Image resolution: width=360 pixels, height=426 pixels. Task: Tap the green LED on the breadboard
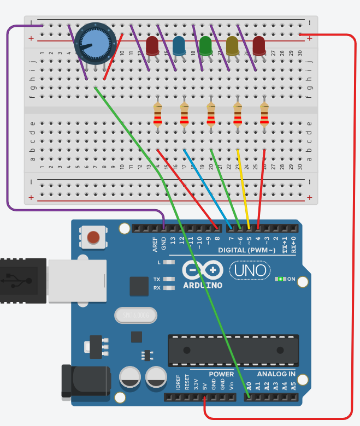(205, 45)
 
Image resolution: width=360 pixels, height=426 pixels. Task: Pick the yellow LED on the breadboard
(232, 45)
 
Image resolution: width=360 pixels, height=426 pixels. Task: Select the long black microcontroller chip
(233, 350)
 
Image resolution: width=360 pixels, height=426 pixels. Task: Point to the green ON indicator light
(281, 279)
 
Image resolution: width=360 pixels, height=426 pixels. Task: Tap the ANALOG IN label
(276, 374)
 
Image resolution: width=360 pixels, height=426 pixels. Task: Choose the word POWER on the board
(220, 374)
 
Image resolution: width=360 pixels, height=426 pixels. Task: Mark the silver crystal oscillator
(135, 315)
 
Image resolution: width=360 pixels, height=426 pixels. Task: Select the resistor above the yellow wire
(238, 115)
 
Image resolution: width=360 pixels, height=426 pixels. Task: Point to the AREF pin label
(156, 242)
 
